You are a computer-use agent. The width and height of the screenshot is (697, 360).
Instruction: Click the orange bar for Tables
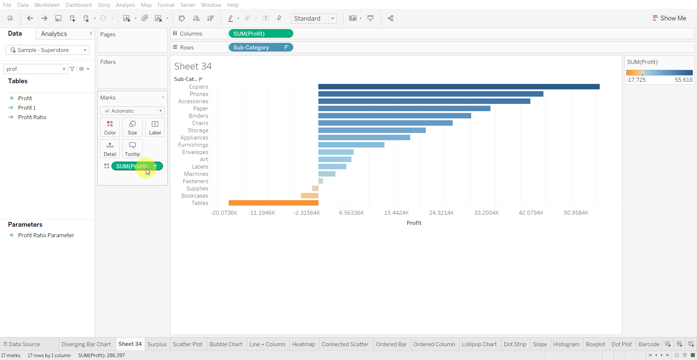(273, 203)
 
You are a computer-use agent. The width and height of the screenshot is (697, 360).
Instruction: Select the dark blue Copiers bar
(459, 86)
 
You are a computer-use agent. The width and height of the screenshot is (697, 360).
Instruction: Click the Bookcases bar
(310, 195)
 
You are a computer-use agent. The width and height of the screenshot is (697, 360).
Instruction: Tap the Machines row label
(196, 174)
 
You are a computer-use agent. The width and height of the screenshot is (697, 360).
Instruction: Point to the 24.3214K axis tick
(441, 213)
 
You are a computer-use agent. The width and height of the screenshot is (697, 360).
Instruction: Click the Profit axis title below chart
(414, 223)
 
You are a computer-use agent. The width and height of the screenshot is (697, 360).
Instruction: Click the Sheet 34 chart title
(193, 66)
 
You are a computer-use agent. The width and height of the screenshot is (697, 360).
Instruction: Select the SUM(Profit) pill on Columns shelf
(260, 34)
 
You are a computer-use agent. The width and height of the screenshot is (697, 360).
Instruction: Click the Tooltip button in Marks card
(133, 149)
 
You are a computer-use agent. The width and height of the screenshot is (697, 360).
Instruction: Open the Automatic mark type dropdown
(133, 111)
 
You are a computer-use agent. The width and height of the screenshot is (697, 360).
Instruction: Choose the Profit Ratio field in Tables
(32, 117)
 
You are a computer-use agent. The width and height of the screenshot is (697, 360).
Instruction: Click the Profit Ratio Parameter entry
(46, 235)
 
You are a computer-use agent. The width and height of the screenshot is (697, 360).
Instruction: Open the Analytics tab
(54, 34)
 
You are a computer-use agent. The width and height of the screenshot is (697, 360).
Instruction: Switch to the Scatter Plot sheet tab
(187, 344)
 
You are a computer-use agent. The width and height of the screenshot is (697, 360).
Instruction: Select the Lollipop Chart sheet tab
(479, 344)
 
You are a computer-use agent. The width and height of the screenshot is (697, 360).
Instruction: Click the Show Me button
(669, 18)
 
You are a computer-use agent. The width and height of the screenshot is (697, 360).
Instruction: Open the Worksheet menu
(47, 5)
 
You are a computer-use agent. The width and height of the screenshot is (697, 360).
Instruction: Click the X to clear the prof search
(64, 69)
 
